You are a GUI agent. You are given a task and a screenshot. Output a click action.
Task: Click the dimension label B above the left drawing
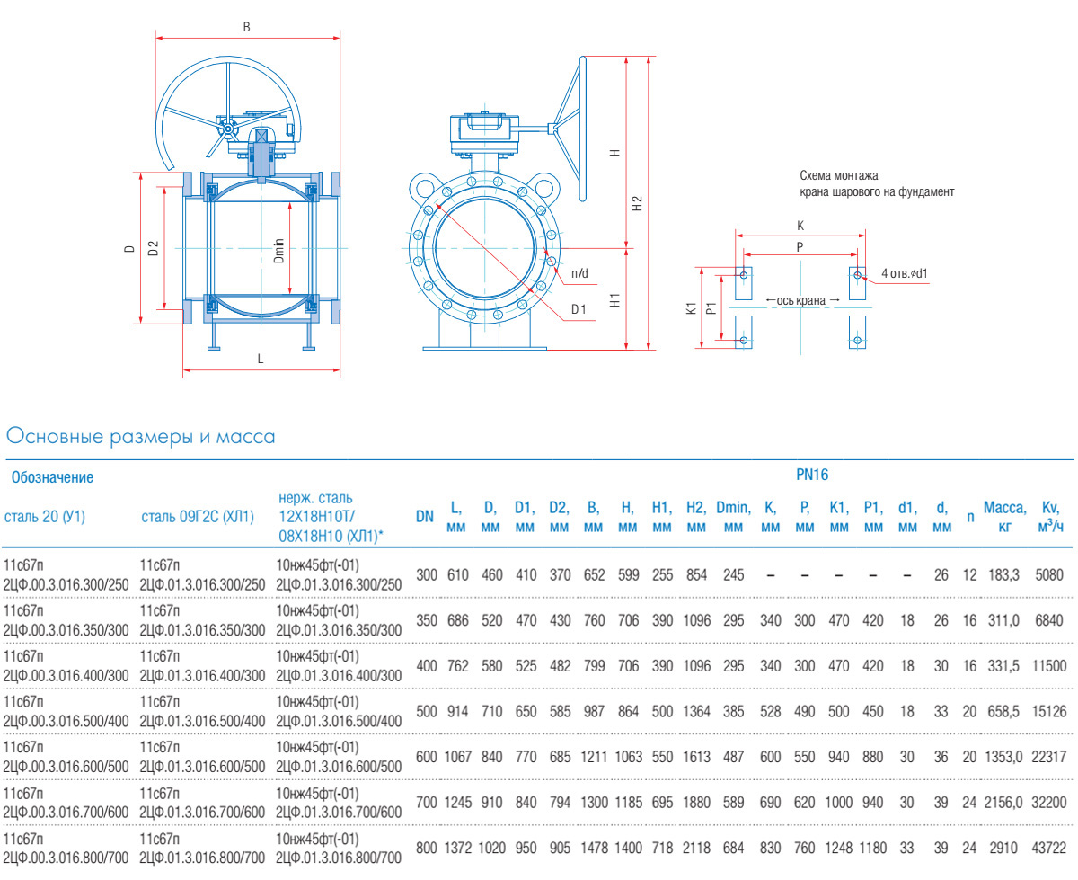coord(246,27)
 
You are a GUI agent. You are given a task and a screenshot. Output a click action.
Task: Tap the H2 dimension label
coord(637,203)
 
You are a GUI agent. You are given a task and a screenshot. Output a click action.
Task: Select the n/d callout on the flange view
coord(579,272)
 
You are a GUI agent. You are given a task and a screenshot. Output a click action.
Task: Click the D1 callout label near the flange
coord(579,310)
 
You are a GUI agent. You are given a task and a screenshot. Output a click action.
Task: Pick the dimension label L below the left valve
coord(261,359)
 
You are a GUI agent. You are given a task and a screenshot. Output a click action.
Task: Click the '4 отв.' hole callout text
coord(904,272)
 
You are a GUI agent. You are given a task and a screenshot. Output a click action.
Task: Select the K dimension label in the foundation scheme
coord(800,226)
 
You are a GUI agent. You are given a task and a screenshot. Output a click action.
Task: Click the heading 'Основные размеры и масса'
coord(139,438)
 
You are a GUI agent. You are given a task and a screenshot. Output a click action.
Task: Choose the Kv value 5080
coord(1048,574)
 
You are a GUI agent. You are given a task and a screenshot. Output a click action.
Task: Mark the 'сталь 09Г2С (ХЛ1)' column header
coord(198,517)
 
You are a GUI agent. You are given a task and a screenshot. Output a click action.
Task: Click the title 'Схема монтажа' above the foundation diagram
coord(837,175)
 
